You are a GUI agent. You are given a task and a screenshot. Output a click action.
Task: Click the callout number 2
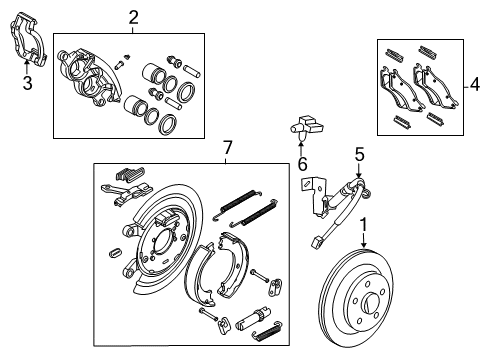click(133, 17)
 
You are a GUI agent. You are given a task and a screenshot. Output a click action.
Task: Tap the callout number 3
click(27, 84)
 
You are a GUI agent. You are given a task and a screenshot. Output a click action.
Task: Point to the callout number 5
click(359, 154)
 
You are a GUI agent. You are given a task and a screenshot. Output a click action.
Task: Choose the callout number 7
click(227, 149)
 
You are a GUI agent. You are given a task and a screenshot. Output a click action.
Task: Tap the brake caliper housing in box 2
click(90, 75)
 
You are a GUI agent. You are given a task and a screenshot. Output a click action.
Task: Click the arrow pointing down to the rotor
click(363, 241)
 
